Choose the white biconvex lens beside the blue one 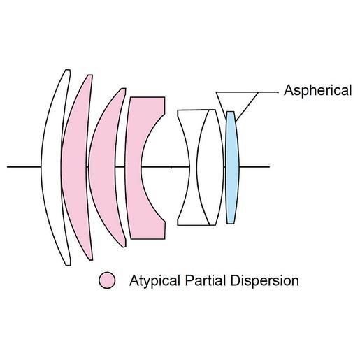pos(210,168)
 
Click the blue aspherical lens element pos(231,168)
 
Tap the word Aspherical pos(317,90)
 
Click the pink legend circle pos(107,280)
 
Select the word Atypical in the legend pos(154,281)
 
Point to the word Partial pos(206,280)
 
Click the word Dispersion pos(265,281)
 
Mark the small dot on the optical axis pos(171,167)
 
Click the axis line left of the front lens pos(24,167)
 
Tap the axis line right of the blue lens pos(254,167)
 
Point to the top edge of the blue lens pos(230,112)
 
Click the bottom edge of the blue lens pos(231,224)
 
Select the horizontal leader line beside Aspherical pos(268,92)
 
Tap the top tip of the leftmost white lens pos(68,70)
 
